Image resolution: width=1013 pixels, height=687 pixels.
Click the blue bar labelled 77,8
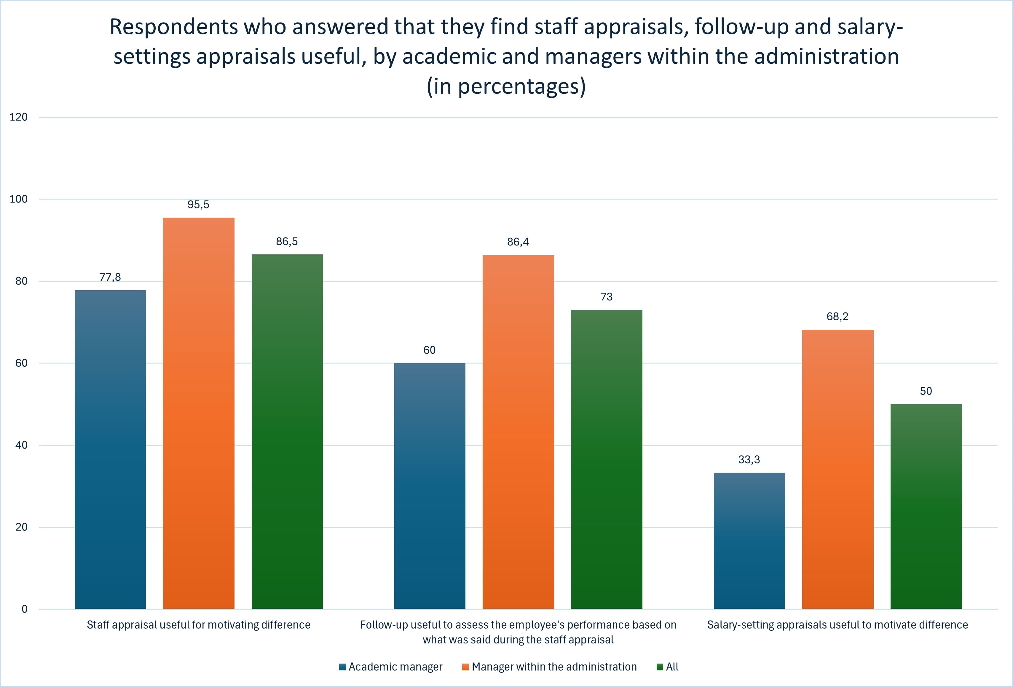tap(110, 449)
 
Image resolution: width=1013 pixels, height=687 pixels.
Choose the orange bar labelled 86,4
tap(518, 431)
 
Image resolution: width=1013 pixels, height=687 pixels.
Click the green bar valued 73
tap(606, 459)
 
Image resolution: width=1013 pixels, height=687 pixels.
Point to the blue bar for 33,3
tap(749, 541)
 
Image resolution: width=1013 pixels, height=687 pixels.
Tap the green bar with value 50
tap(926, 506)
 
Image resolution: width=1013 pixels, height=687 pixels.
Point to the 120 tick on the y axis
tap(18, 117)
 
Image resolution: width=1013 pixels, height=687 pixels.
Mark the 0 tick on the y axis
tap(24, 609)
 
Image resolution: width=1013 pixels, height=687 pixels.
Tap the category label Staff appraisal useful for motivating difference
tap(198, 625)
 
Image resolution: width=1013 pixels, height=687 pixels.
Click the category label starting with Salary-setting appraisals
tap(837, 625)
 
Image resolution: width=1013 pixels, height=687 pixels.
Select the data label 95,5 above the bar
tap(198, 205)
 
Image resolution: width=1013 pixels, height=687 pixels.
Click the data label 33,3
tap(749, 460)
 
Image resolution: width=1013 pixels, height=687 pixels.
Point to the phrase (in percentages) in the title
tap(506, 86)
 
